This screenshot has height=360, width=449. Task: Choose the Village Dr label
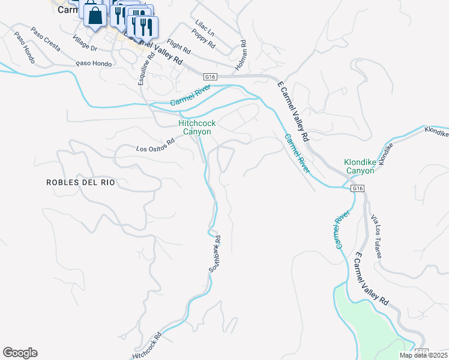click(85, 43)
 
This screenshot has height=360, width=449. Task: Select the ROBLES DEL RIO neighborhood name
click(80, 182)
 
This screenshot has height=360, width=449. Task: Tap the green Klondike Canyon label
click(359, 166)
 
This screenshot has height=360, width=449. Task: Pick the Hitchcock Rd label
click(146, 347)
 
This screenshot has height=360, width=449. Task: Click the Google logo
click(20, 353)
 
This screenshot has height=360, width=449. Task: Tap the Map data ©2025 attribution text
click(423, 355)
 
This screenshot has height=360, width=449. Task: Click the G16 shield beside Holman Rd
click(209, 77)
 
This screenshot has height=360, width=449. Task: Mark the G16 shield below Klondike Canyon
click(357, 188)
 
